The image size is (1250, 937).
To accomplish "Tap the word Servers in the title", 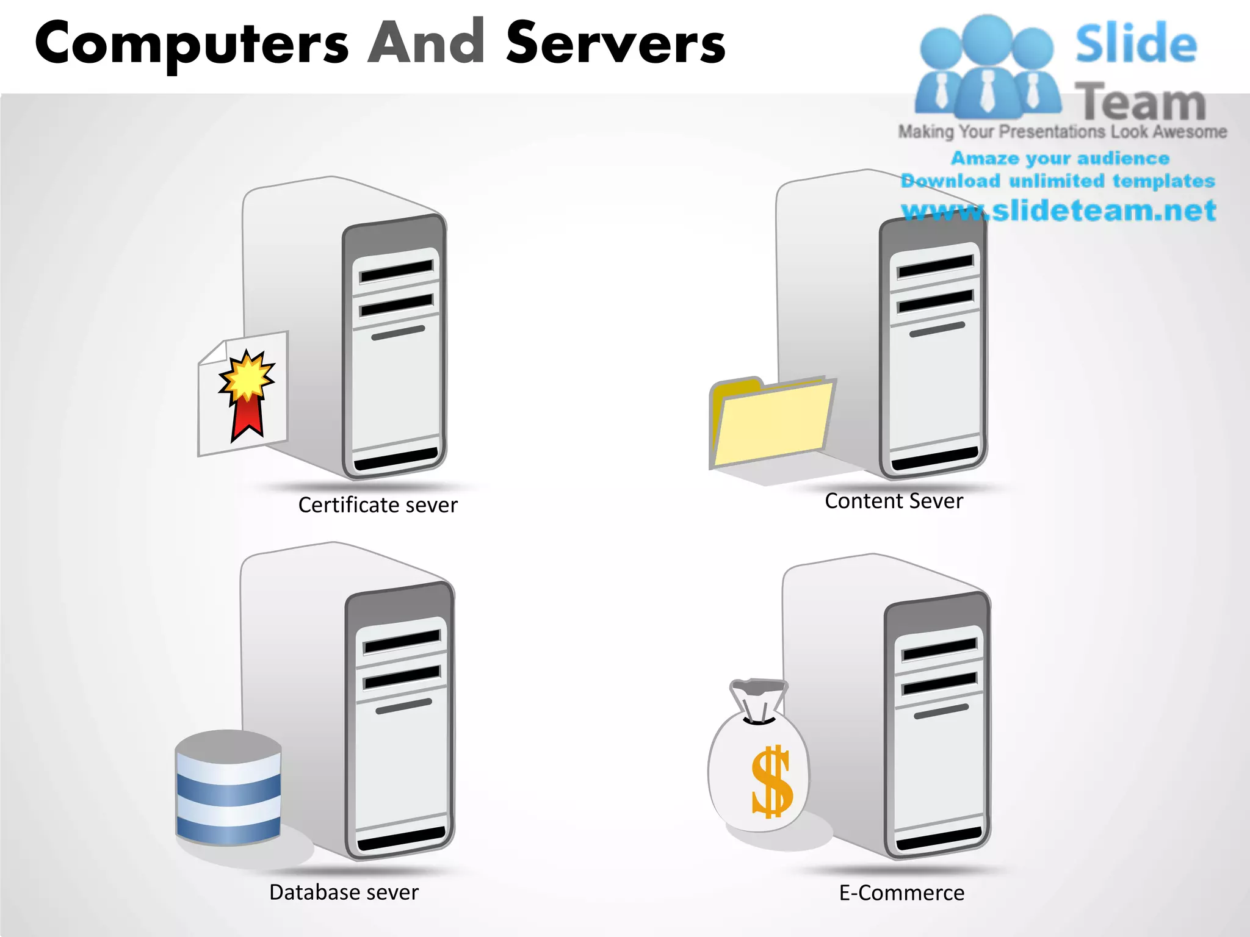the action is pyautogui.click(x=615, y=43).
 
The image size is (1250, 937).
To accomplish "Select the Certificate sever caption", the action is pyautogui.click(x=378, y=505).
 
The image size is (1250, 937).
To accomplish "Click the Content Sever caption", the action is pyautogui.click(x=894, y=501).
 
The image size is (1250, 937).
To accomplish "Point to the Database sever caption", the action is pyautogui.click(x=344, y=892).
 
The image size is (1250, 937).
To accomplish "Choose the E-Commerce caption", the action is pyautogui.click(x=901, y=893).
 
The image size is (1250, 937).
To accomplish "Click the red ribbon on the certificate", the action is pyautogui.click(x=247, y=417).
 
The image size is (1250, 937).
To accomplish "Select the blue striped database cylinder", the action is pyautogui.click(x=228, y=788).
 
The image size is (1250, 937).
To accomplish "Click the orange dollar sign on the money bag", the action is pyautogui.click(x=771, y=782).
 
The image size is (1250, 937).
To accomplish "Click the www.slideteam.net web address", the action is pyautogui.click(x=1058, y=211).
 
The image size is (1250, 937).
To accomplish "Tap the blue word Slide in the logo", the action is pyautogui.click(x=1135, y=44).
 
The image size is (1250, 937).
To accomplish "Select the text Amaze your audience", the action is pyautogui.click(x=1060, y=159).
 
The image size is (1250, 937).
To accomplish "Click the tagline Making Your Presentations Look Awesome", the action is pyautogui.click(x=1062, y=132).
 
